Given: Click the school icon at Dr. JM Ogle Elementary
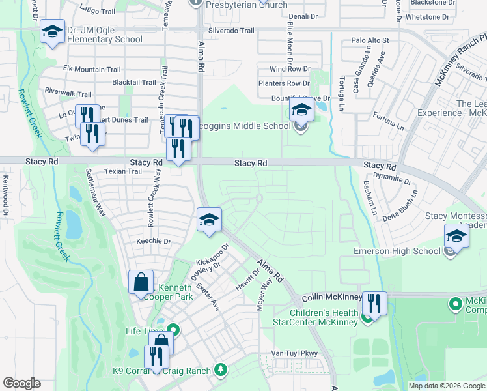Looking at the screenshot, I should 52,31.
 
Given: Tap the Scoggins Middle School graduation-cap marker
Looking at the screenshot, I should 301,110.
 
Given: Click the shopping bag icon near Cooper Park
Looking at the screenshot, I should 141,283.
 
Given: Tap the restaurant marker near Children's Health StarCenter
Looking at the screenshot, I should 374,303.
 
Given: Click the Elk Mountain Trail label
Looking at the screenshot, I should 92,69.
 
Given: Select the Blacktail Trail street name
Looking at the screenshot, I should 134,83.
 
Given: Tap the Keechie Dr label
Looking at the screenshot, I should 153,241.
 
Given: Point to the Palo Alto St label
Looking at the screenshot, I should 370,40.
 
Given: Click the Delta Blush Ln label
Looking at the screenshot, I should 399,207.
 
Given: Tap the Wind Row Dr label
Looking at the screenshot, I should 290,68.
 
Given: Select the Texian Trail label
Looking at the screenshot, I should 123,172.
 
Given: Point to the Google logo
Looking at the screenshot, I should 21,383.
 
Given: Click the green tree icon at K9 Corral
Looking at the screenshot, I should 221,370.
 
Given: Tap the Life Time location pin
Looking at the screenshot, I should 173,331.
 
